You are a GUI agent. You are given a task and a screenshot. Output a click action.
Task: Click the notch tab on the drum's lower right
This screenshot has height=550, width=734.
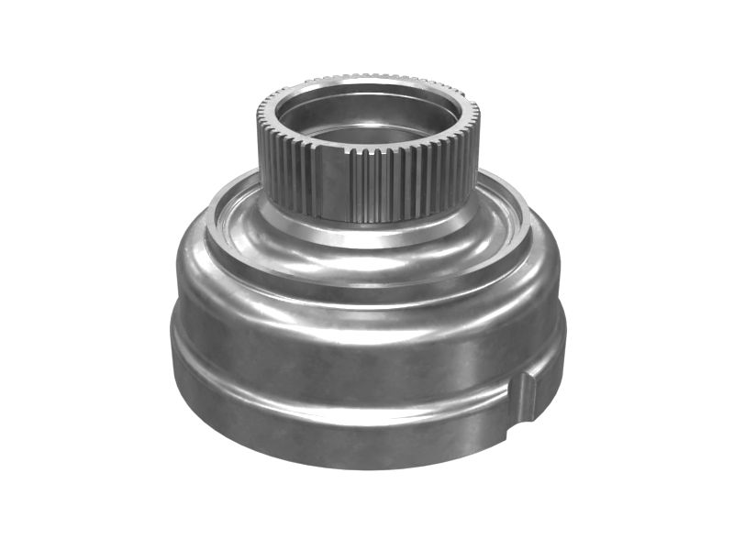click(x=526, y=396)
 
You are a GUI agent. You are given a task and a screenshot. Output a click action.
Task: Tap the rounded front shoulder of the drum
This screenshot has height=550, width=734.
click(x=367, y=284)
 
